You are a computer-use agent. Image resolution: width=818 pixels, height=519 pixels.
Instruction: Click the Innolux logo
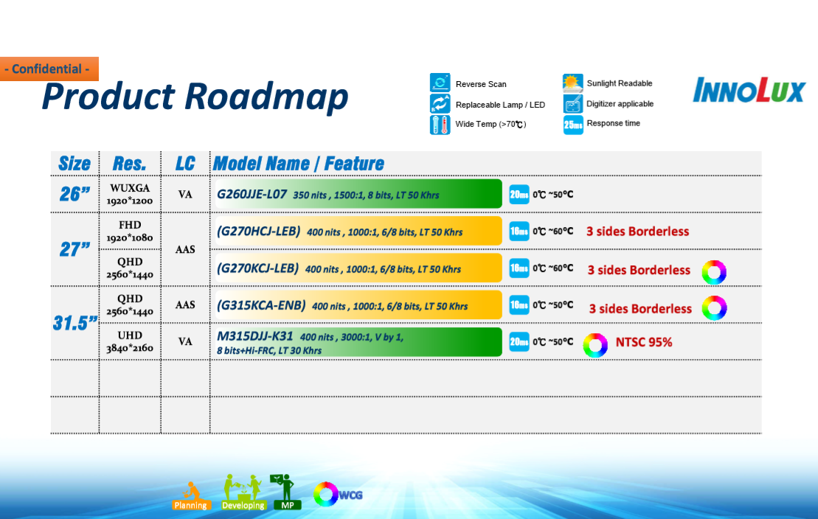[x=749, y=90]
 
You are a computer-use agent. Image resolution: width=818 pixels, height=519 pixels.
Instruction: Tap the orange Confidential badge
[x=49, y=69]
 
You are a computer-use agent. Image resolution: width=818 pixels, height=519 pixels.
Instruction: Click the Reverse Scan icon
[x=440, y=83]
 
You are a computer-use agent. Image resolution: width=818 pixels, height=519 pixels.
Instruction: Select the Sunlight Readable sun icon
[x=573, y=83]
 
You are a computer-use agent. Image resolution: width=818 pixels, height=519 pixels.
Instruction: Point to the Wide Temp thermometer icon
[x=440, y=125]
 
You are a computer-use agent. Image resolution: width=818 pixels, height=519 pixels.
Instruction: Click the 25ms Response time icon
[x=573, y=125]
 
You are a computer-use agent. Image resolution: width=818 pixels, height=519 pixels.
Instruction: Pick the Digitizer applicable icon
[x=573, y=104]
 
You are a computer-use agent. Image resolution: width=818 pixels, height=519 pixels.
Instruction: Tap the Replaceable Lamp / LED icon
[x=440, y=104]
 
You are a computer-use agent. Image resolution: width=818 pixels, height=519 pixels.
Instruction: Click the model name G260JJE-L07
[x=252, y=195]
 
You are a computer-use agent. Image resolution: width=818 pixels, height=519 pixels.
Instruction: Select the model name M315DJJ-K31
[x=254, y=336]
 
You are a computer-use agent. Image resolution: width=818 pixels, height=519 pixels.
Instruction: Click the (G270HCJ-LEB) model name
[x=258, y=231]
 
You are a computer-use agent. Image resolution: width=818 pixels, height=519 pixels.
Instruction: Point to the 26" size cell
[x=74, y=194]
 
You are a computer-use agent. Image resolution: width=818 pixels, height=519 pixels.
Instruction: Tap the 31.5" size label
[x=75, y=323]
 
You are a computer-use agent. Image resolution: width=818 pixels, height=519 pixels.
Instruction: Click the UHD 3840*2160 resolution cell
[x=130, y=341]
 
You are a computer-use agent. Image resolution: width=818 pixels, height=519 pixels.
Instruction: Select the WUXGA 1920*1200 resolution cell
[x=130, y=194]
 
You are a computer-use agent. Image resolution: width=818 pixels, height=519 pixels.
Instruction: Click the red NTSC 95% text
[x=644, y=342]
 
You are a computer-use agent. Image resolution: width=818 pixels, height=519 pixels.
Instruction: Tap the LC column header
[x=185, y=163]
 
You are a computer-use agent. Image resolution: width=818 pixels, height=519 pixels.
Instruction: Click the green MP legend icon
[x=286, y=492]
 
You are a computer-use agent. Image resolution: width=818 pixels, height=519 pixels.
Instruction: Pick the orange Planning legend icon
[x=190, y=495]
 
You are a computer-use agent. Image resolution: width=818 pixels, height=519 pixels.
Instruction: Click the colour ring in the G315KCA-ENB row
[x=714, y=299]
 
